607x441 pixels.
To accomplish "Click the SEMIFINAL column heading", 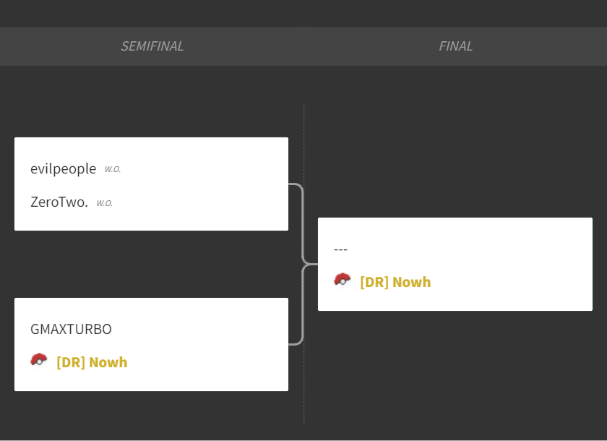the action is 152,46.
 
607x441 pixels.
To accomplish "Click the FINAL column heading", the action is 455,46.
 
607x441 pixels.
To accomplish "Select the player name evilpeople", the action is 63,169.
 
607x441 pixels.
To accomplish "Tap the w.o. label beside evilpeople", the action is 113,169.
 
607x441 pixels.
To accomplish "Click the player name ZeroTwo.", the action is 59,202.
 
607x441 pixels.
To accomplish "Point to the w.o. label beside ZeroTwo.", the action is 105,203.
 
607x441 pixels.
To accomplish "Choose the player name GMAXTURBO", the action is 71,329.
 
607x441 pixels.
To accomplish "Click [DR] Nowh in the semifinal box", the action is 92,362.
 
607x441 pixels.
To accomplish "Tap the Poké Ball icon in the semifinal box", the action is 39,360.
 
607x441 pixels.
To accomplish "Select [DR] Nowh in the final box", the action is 395,282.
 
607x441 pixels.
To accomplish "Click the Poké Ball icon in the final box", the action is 343,280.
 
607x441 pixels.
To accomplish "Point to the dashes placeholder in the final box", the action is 340,249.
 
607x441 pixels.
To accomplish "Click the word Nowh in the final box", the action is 411,282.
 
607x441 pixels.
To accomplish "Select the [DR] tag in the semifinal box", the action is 71,362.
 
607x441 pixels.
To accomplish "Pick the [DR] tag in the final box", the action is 374,282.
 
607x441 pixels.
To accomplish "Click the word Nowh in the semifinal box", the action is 108,362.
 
